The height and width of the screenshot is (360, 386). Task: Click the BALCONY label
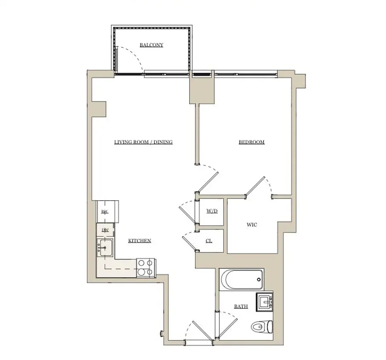(151, 45)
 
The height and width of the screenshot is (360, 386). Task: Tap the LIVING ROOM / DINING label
(143, 142)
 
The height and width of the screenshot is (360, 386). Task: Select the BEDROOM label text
(251, 142)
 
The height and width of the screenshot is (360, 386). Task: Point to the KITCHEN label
(140, 241)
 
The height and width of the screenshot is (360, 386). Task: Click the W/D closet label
(212, 211)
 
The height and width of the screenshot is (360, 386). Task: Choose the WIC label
(252, 225)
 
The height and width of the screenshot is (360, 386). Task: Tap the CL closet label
(209, 241)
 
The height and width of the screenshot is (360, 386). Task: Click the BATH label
(240, 306)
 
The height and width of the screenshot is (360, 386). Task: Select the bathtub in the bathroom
(242, 280)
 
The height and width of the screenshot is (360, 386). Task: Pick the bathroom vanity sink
(265, 302)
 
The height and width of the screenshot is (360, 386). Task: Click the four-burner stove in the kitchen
(145, 267)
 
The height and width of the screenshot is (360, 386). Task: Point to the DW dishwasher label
(104, 230)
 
